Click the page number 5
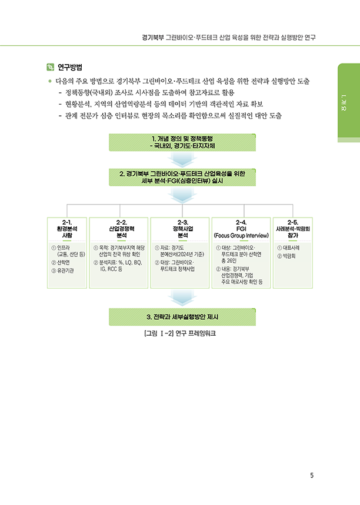[312, 476]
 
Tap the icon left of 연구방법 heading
[51, 66]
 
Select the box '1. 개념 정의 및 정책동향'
[182, 142]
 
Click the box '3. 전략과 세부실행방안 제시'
[182, 317]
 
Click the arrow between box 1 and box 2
[182, 159]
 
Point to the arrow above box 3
[182, 298]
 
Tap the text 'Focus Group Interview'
[241, 235]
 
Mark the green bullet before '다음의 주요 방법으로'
[50, 81]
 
